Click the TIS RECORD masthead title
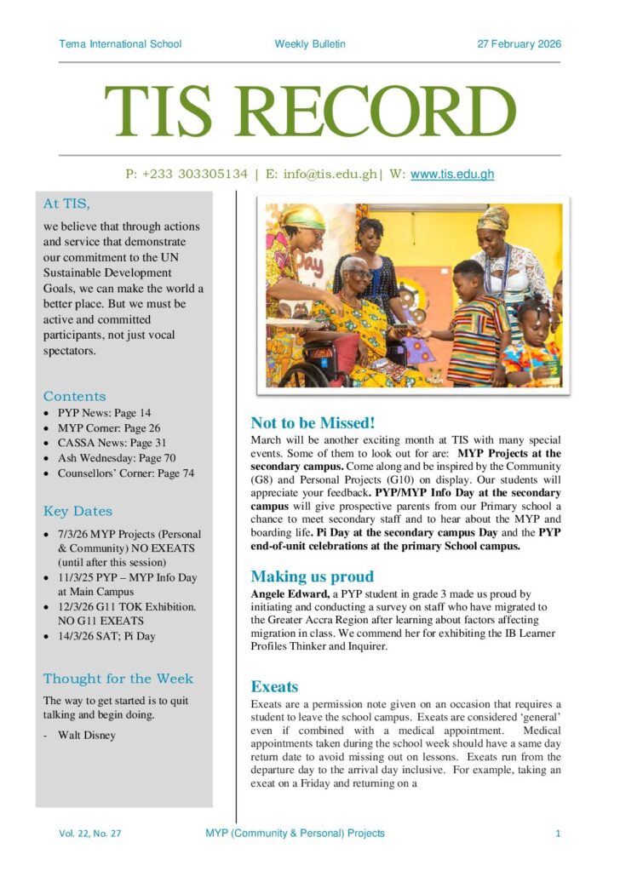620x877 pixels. tap(310, 112)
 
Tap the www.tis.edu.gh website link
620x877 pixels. tap(452, 175)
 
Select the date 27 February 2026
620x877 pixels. tap(519, 44)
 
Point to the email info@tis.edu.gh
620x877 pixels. tap(323, 175)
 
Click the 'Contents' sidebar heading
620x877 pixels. tap(75, 396)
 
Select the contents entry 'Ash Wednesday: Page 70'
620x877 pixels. tap(117, 458)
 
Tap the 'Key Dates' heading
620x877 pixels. tap(77, 512)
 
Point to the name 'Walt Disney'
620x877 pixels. tap(86, 735)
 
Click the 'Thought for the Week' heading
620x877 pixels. tap(118, 679)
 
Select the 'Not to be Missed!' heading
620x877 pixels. tap(313, 423)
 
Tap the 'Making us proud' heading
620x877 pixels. tap(312, 576)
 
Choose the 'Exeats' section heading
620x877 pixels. tap(274, 686)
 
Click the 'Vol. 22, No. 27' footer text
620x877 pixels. tap(90, 834)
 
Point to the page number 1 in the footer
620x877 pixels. tap(558, 834)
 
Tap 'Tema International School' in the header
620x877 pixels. tap(120, 44)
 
